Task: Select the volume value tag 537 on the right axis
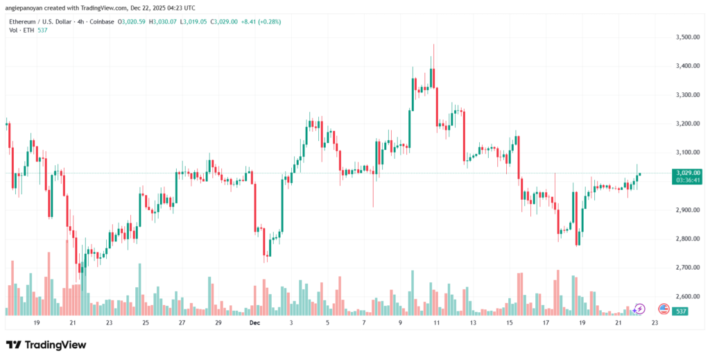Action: coord(682,312)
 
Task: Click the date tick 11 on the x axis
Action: coord(437,323)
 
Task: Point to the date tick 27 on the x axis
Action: coord(181,323)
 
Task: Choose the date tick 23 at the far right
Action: coord(655,323)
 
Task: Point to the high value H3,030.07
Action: coord(161,22)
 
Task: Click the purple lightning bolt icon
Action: coord(640,308)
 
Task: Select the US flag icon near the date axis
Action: coord(663,308)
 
